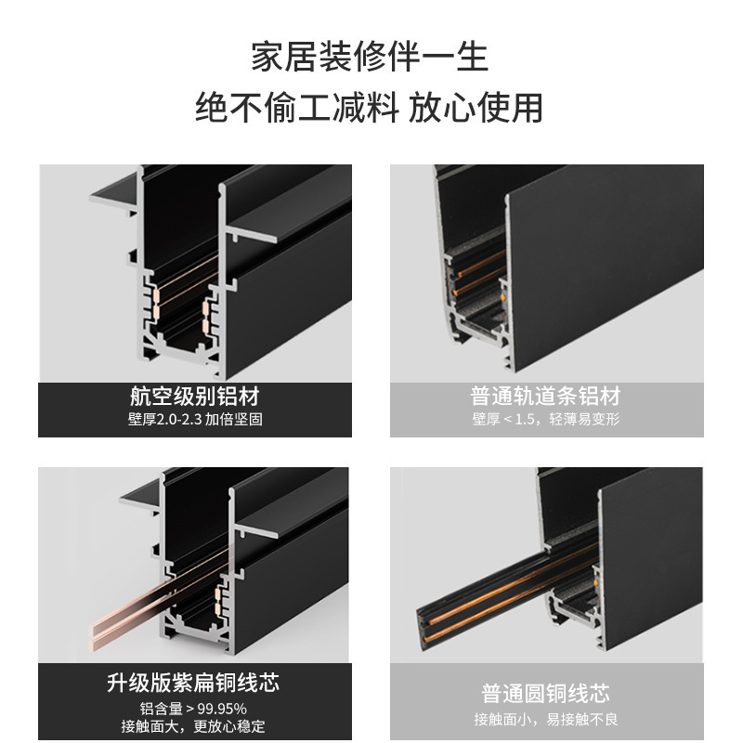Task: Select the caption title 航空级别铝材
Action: (x=195, y=397)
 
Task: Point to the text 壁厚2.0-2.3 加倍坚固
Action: (x=195, y=420)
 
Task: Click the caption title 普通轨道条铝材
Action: (x=545, y=397)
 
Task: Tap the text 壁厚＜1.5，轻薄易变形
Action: (x=545, y=420)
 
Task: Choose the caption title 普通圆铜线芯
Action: (x=545, y=694)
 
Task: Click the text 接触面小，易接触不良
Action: (x=545, y=719)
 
